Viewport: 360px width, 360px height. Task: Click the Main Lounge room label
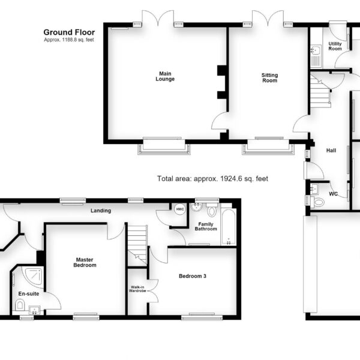[165, 76]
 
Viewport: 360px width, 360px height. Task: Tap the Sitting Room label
[269, 78]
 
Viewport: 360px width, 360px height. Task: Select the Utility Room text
[335, 46]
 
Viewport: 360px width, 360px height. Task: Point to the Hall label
[331, 151]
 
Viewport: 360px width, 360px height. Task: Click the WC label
[334, 194]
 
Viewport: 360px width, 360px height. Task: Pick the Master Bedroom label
[85, 262]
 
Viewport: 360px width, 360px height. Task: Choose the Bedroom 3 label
[193, 276]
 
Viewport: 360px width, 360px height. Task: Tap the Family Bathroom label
[206, 226]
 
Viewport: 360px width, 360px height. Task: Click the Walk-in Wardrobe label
[137, 289]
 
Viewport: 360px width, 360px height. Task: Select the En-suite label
[29, 293]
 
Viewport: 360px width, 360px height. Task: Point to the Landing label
[101, 211]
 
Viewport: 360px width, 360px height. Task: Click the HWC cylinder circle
[180, 209]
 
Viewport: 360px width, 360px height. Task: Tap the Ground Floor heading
[69, 32]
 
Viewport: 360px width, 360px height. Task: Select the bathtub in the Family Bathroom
[229, 226]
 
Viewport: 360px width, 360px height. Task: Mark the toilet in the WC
[317, 202]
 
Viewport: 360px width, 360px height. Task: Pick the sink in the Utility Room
[317, 50]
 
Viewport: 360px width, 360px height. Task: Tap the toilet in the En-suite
[20, 304]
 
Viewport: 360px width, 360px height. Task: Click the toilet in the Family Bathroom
[212, 211]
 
